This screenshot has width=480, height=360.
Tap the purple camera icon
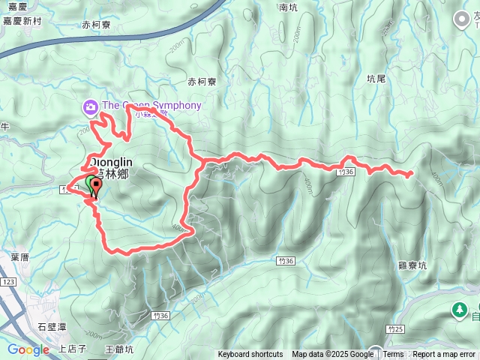point(91,106)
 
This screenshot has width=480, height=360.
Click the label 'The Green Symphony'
point(151,106)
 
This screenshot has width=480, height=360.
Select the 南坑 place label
point(288,7)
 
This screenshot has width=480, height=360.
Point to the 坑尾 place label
point(376,77)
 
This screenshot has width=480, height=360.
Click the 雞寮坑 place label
point(412,265)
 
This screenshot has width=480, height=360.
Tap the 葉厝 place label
point(20,256)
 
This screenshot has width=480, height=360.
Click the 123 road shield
point(9,281)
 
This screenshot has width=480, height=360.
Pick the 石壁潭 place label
point(52,326)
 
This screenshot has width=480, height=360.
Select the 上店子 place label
point(73,349)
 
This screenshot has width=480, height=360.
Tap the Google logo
point(28,349)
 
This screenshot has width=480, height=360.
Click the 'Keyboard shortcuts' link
point(250,355)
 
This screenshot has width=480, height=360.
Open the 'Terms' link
point(394,355)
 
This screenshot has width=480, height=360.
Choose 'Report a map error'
point(444,355)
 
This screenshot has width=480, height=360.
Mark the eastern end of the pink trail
point(412,175)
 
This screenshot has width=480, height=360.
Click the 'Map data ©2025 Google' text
point(333,355)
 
